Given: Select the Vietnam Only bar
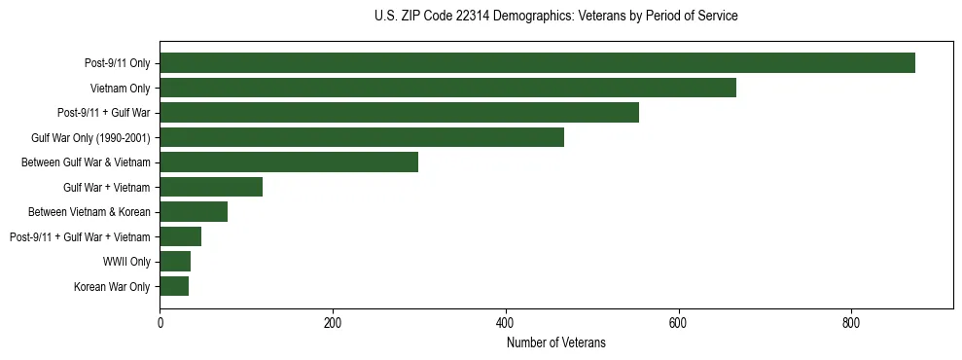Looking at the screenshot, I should [447, 88].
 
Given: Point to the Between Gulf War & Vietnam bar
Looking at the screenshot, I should [289, 162].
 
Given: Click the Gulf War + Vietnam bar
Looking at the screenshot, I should [211, 187].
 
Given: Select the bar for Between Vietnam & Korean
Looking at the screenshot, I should [194, 212].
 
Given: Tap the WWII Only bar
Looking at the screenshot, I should [175, 262].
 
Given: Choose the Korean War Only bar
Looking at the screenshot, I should [174, 286].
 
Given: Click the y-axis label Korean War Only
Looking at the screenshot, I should [112, 287].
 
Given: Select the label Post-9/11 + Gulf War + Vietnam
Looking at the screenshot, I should [80, 237].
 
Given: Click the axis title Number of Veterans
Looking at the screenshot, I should [555, 342].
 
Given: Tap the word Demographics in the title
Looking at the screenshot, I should [526, 17].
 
